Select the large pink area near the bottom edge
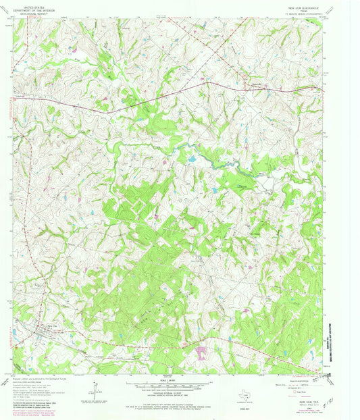point(201,352)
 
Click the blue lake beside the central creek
point(192,159)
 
